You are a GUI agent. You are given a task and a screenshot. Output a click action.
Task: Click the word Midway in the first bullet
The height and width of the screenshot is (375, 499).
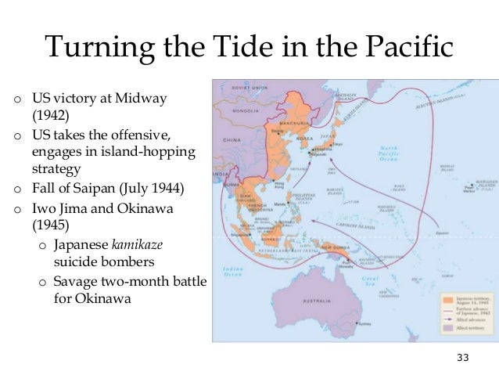(142, 101)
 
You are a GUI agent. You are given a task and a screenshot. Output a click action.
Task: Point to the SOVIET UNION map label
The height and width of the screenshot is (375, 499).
(251, 88)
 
